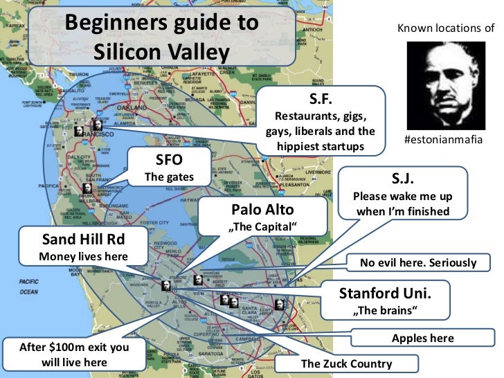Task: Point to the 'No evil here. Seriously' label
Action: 417,262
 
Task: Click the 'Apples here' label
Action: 422,338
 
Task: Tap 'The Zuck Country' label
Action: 345,363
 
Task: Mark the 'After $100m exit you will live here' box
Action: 65,353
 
